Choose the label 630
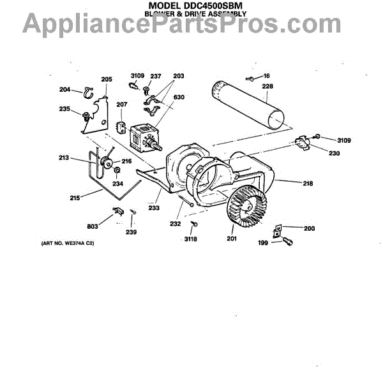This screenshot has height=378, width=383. [x=179, y=98]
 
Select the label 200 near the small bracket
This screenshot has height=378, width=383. [x=309, y=228]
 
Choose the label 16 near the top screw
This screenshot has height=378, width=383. [x=266, y=75]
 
